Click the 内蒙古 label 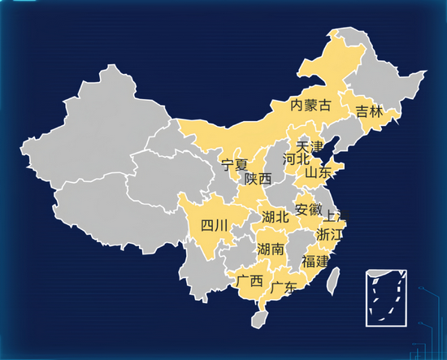click(x=311, y=105)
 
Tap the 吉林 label click(x=368, y=112)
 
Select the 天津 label click(x=310, y=147)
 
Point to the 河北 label click(x=296, y=159)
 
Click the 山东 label click(x=318, y=172)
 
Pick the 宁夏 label click(x=235, y=165)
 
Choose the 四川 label click(x=214, y=225)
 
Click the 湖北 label click(x=276, y=217)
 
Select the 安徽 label click(x=308, y=209)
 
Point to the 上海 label click(x=336, y=217)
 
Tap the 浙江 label click(x=329, y=234)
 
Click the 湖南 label click(x=270, y=249)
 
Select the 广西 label click(x=250, y=281)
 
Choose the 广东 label click(x=284, y=287)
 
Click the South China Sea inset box click(x=385, y=297)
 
